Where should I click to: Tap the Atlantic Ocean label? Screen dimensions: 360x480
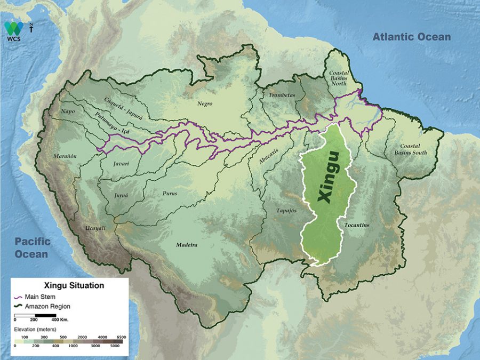click(x=411, y=37)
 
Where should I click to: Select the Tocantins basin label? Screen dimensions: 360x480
click(x=357, y=225)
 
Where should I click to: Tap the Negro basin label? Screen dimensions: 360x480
click(x=204, y=104)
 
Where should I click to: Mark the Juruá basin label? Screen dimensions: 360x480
click(x=121, y=196)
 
